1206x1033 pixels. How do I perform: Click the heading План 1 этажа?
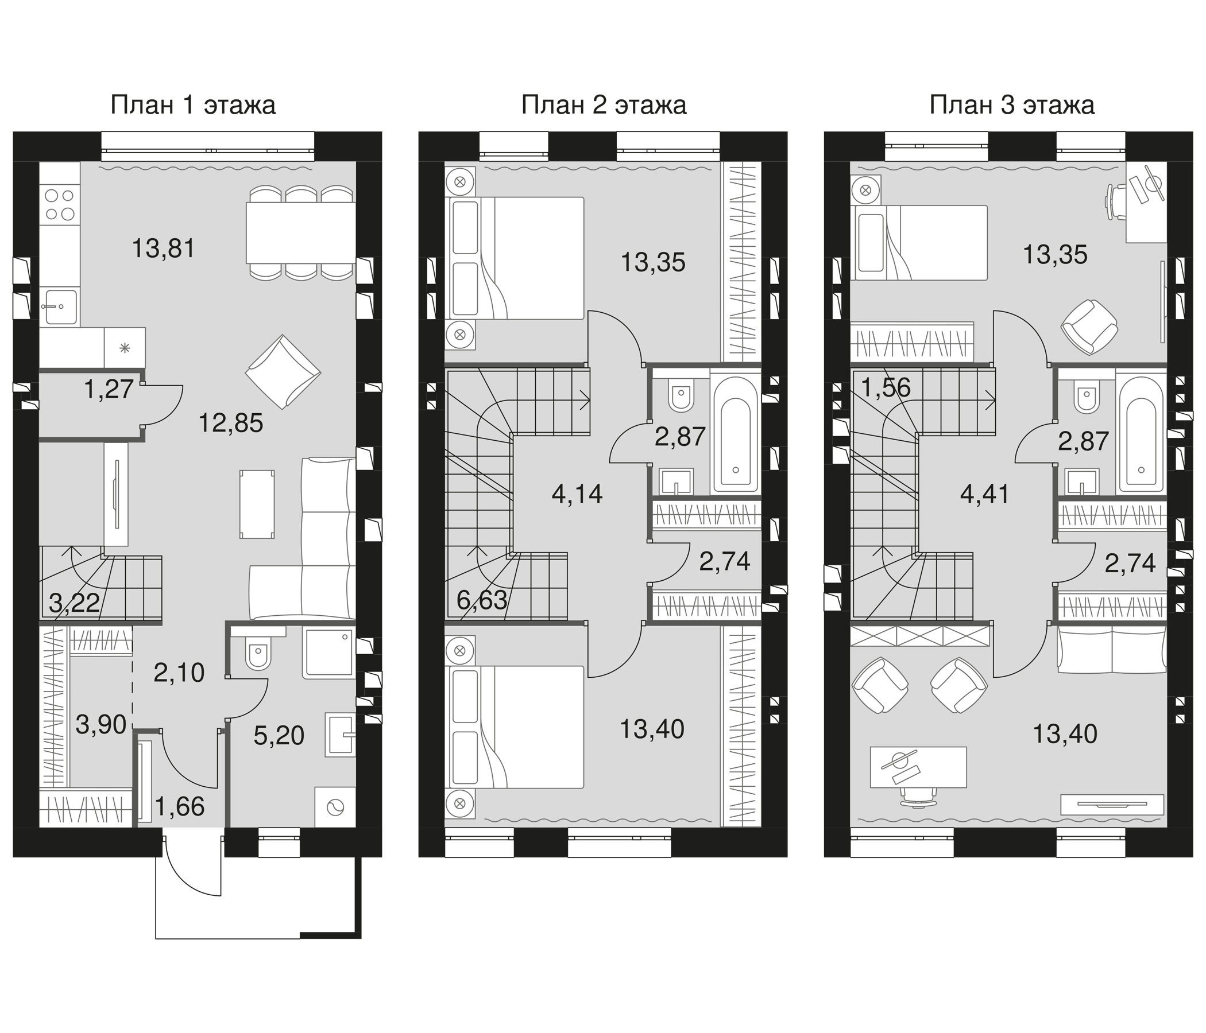192,106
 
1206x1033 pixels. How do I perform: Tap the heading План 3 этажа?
1011,106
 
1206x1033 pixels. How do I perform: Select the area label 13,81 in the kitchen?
163,249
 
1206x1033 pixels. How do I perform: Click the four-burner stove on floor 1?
59,205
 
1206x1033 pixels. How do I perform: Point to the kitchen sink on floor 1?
59,306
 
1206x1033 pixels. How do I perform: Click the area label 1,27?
109,389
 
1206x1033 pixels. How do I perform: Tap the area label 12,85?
231,424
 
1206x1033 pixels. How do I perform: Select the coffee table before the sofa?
257,504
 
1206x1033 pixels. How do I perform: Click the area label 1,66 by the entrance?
180,807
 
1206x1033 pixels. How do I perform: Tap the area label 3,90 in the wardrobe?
101,725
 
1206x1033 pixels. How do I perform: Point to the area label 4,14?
577,495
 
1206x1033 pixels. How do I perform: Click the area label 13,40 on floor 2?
652,729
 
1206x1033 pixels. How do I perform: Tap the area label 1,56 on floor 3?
886,387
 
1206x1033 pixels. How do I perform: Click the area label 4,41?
984,495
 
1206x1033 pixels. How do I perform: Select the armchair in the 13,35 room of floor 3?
1089,327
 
